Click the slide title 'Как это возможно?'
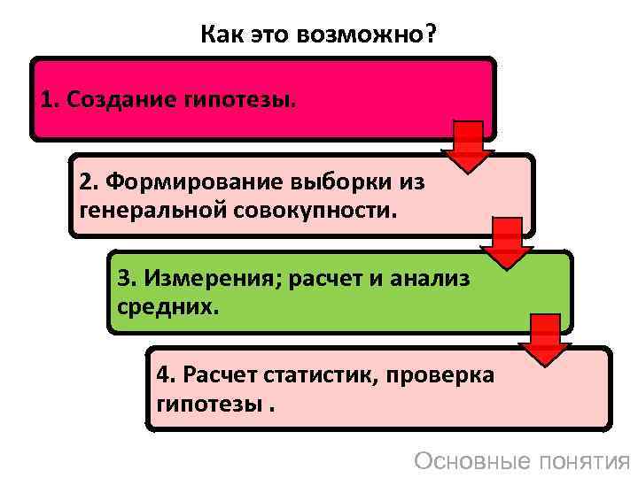[x=319, y=36]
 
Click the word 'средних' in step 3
[x=163, y=309]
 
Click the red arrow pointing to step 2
[x=469, y=146]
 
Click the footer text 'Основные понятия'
[x=522, y=461]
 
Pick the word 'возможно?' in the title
[x=386, y=36]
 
